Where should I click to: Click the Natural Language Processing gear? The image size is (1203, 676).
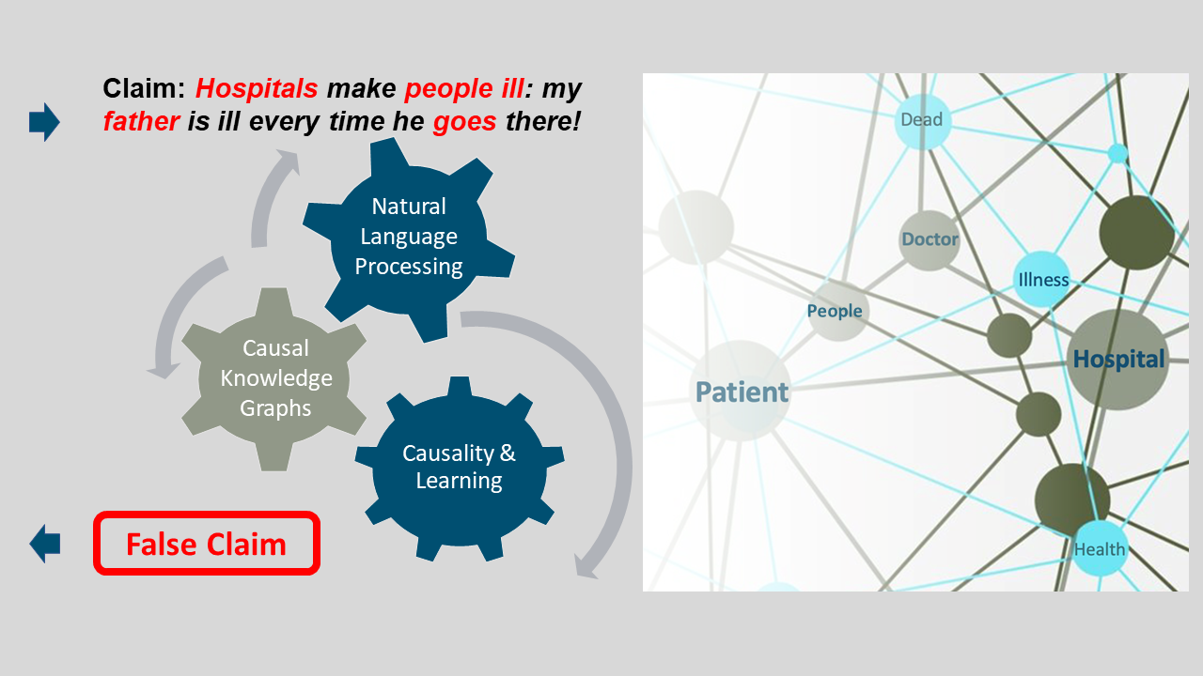point(409,236)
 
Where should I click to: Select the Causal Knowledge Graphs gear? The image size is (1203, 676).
point(275,377)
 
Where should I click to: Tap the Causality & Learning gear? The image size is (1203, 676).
point(459,467)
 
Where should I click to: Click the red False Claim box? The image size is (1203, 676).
point(207,544)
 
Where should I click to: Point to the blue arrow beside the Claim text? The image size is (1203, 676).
point(44,122)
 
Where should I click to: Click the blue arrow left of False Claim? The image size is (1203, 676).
point(44,544)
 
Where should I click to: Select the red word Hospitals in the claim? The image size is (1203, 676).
point(257,89)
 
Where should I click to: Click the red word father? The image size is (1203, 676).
point(141,121)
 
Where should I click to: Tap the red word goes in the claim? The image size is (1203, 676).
point(464,121)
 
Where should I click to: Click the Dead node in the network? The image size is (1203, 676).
point(922,120)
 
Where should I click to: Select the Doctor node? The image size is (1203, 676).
point(930,239)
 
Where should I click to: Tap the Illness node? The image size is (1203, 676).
point(1042,280)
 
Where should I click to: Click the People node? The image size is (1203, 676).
point(836,311)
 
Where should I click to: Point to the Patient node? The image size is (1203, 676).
point(742,391)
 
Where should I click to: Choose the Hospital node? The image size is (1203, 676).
point(1118,359)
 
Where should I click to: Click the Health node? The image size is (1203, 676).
point(1100,549)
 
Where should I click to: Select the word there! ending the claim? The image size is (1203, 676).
point(543,121)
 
